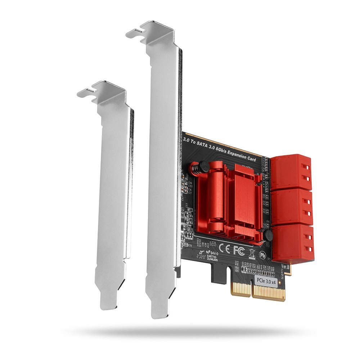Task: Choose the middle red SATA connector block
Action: (x=292, y=207)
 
